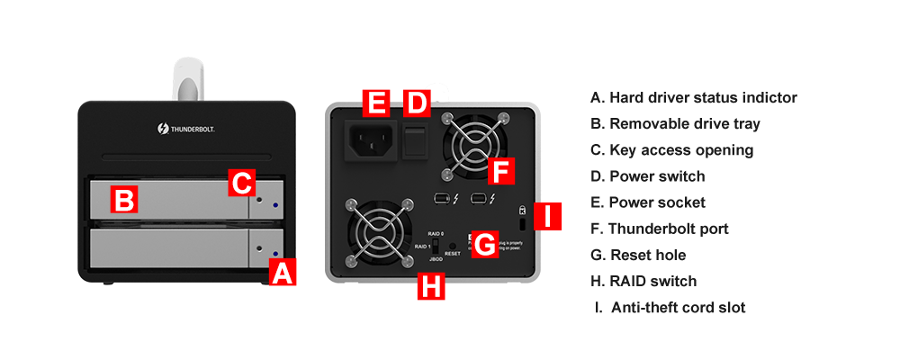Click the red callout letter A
[283, 273]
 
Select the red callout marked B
[124, 198]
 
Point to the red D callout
[415, 103]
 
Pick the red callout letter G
[485, 245]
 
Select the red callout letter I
[549, 216]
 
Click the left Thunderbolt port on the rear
[441, 198]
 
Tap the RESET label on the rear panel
[453, 255]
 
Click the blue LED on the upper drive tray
[274, 206]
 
